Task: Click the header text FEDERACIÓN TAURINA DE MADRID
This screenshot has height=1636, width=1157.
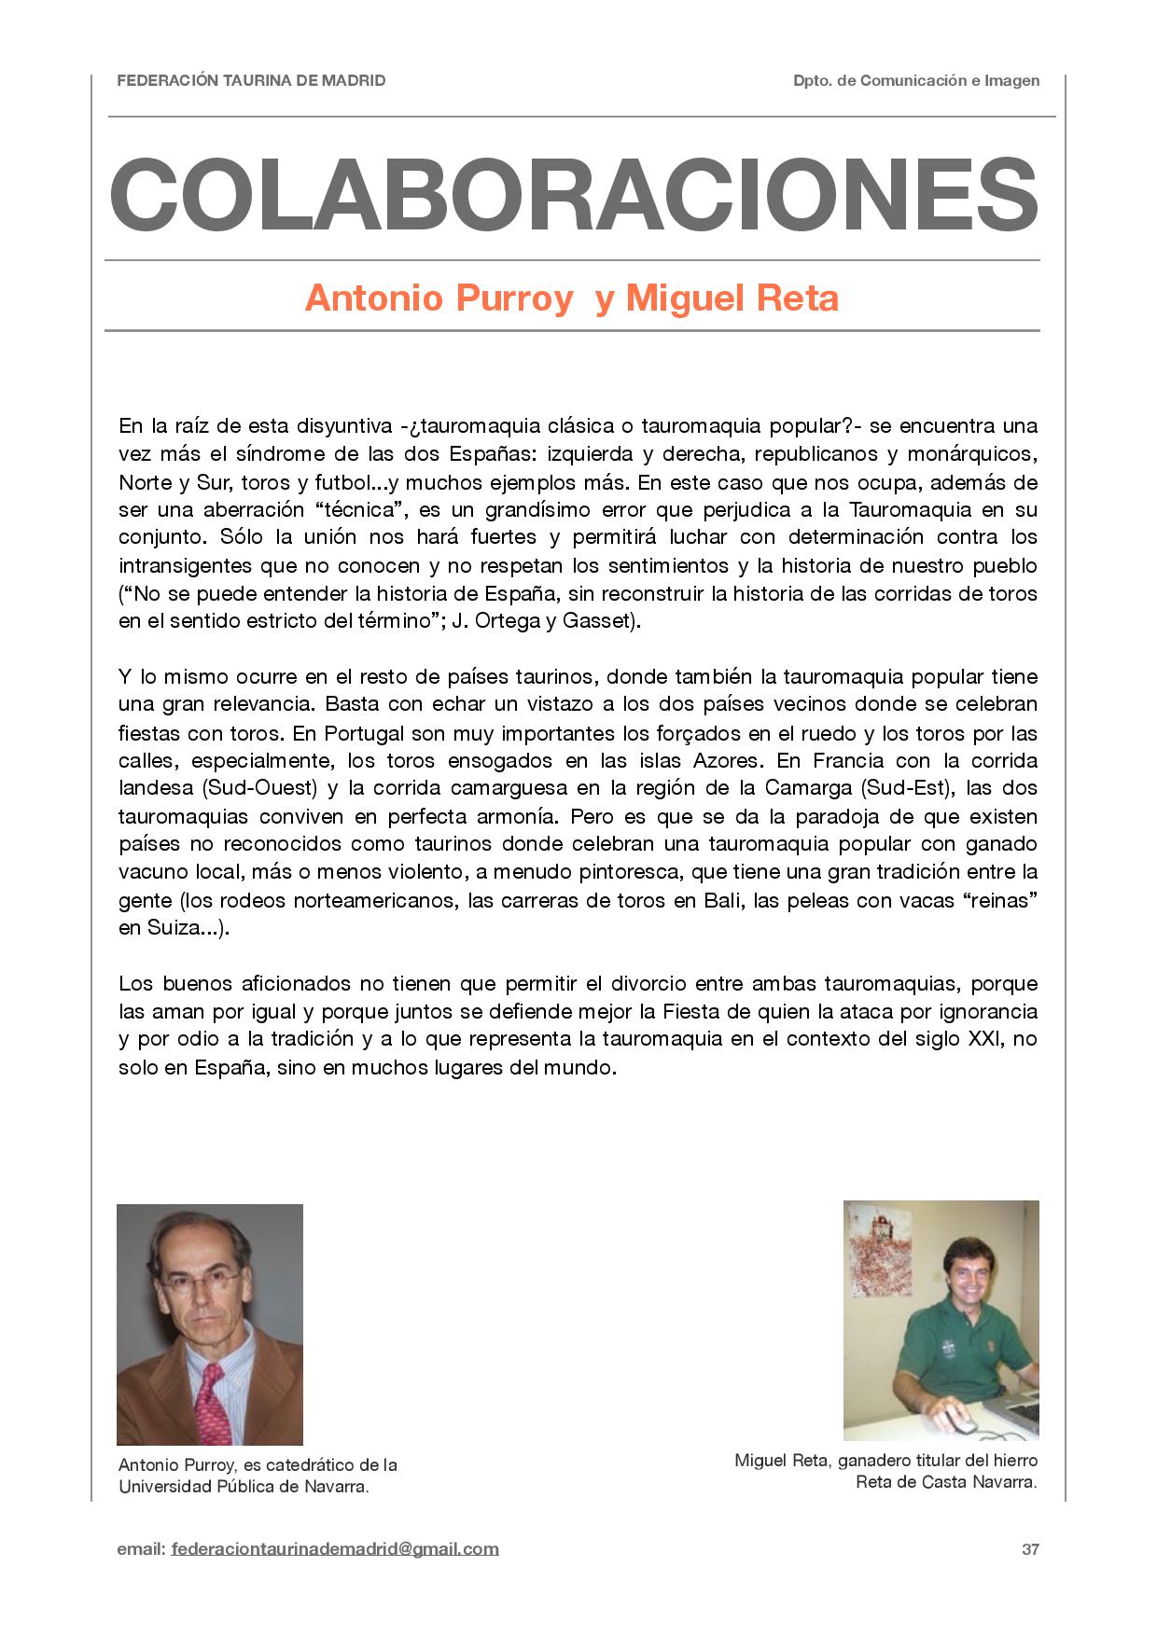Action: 251,80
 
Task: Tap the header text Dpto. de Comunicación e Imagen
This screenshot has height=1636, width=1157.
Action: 916,80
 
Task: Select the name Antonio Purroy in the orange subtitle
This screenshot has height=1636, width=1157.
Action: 439,298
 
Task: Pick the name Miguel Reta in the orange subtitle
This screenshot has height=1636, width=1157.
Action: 732,298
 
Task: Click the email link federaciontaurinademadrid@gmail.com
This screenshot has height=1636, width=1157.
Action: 335,1549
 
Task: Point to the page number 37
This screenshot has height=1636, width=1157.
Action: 1030,1549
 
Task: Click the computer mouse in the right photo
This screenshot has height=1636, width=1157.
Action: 960,1423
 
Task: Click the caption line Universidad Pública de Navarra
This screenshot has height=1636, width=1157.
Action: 244,1487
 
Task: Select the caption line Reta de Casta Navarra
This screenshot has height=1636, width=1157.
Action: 946,1483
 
